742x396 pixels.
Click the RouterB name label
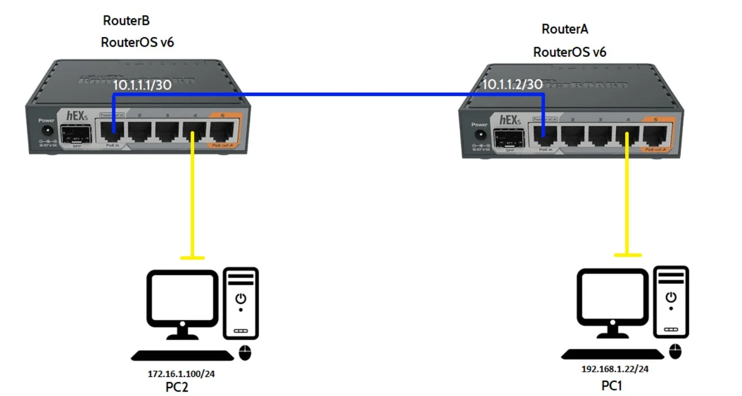click(x=126, y=21)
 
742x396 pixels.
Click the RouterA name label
click(x=565, y=29)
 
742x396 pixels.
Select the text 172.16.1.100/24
click(x=177, y=374)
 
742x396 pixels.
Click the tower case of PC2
click(x=241, y=303)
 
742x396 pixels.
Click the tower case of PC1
click(x=671, y=302)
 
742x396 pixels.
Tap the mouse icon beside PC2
click(x=245, y=353)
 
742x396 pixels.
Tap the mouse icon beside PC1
click(x=675, y=352)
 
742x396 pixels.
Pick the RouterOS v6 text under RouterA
click(x=569, y=53)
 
